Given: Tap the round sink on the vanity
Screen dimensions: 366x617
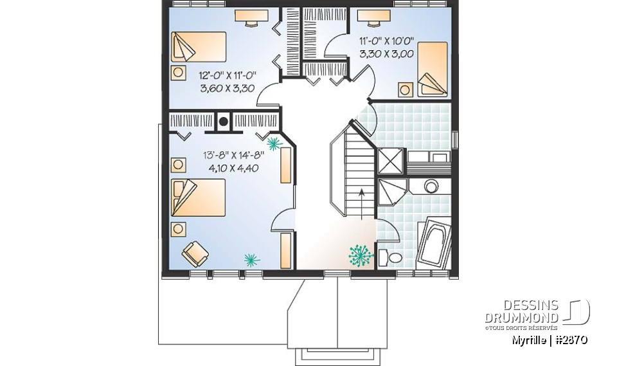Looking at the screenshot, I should pyautogui.click(x=431, y=187).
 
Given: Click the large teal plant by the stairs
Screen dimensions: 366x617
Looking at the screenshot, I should pyautogui.click(x=361, y=255).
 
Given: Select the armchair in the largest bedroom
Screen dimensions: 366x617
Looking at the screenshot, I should pyautogui.click(x=195, y=253).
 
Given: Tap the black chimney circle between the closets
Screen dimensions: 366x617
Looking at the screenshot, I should pyautogui.click(x=224, y=121).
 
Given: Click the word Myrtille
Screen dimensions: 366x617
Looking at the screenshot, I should pyautogui.click(x=530, y=340).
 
